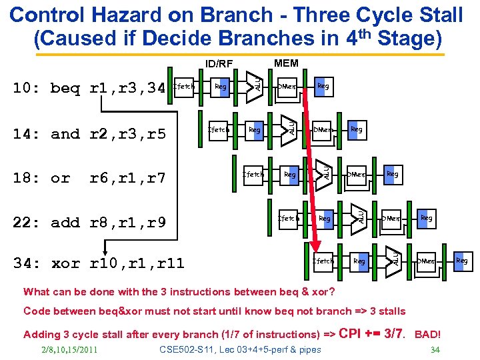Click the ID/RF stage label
coord(219,64)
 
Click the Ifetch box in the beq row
coord(183,86)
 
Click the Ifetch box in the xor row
coord(323,261)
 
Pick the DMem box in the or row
coord(357,175)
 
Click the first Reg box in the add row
coord(325,218)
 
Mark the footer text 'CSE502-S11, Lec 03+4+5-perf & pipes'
coord(240,349)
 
